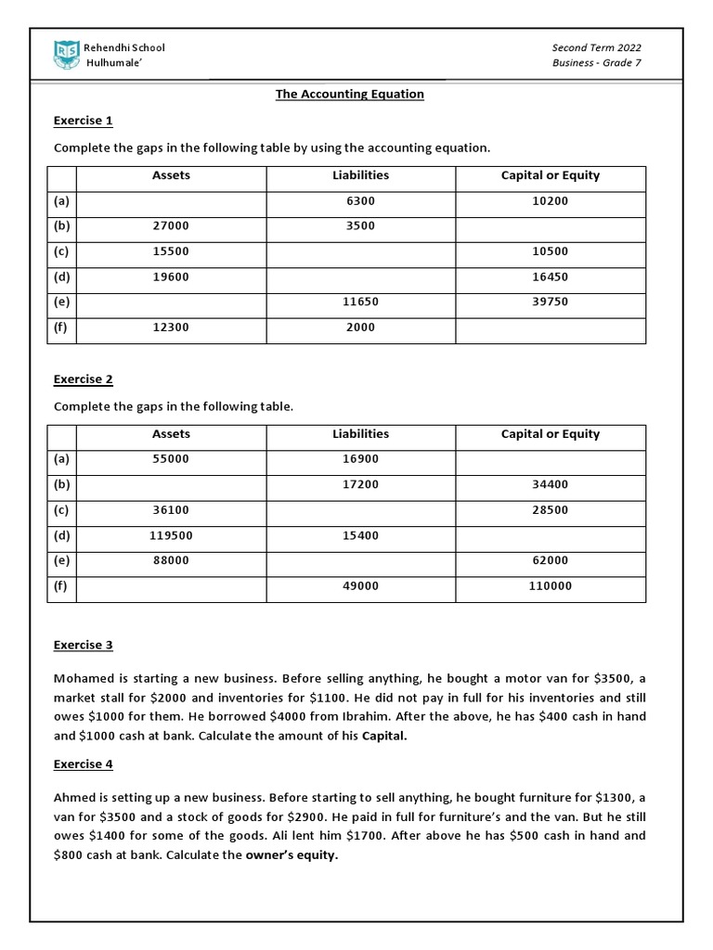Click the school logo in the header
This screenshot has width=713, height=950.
coord(67,55)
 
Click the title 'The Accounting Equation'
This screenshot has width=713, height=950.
coord(349,95)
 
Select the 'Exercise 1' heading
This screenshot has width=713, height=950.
coord(83,121)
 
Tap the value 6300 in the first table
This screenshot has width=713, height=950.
coord(360,201)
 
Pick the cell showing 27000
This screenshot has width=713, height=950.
coord(171,226)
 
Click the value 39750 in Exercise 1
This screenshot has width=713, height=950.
coord(550,302)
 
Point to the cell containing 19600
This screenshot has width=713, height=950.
coord(171,277)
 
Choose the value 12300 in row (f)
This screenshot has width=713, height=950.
coord(171,327)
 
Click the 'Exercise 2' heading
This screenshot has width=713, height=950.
coord(83,379)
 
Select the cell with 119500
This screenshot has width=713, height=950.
coord(171,535)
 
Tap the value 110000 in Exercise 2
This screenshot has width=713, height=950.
coord(550,586)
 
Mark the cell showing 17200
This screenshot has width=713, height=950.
coord(360,485)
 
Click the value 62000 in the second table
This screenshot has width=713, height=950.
coord(550,561)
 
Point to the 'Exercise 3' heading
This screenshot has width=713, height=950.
coord(83,645)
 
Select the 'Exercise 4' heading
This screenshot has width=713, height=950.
coord(83,764)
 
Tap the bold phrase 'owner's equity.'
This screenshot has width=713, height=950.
coord(292,855)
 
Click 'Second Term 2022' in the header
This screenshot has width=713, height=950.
coord(596,48)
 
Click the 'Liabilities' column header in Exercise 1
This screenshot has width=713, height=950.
coord(360,175)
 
